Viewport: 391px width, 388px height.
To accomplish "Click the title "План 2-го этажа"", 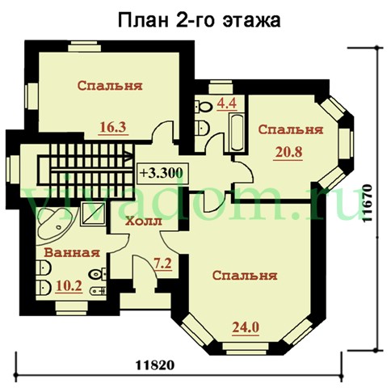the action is click(x=200, y=20).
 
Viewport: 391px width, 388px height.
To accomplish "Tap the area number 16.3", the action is click(x=113, y=127).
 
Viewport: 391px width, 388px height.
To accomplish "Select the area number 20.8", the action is click(x=288, y=152).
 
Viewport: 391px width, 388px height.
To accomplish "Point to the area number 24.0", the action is click(x=246, y=327).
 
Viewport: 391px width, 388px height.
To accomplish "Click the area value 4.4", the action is click(x=227, y=103).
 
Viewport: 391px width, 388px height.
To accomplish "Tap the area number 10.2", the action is click(x=69, y=286).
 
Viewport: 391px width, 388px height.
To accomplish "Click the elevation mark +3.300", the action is click(x=161, y=173).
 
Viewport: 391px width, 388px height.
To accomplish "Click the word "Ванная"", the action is click(x=72, y=253).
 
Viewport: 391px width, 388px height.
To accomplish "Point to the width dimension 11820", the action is click(x=155, y=365).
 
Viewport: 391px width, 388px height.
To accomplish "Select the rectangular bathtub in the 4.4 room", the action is click(x=237, y=132).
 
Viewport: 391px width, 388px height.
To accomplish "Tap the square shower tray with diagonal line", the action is click(x=93, y=214).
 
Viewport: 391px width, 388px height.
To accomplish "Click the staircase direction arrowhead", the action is click(x=128, y=157).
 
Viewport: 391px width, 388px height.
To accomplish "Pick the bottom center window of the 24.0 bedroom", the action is click(x=246, y=348).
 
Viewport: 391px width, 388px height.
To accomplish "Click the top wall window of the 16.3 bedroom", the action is click(x=84, y=47).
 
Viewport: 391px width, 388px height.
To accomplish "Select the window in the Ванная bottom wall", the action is click(x=72, y=308).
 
